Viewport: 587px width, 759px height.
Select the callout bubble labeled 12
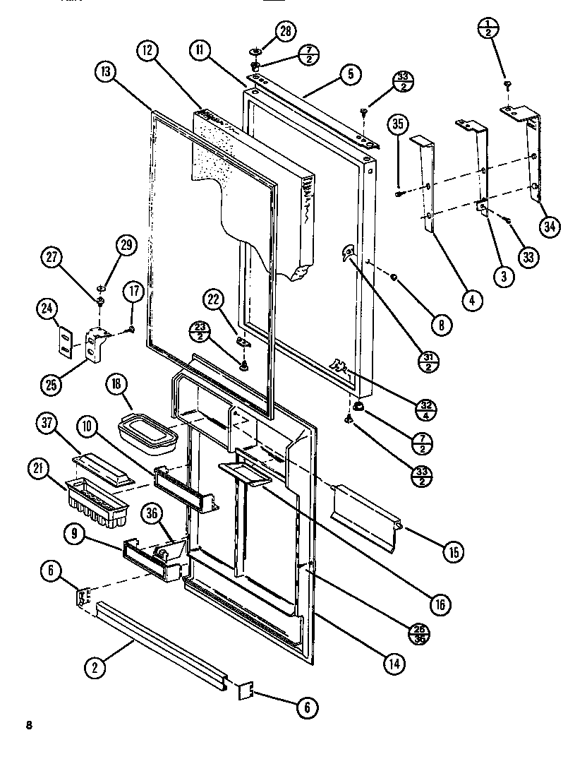[147, 52]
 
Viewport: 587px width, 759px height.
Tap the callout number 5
[351, 73]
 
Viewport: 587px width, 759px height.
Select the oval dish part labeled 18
[148, 433]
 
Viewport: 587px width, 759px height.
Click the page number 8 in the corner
[29, 725]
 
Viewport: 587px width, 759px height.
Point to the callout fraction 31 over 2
[427, 361]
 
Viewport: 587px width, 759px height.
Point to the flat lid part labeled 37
[103, 468]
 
